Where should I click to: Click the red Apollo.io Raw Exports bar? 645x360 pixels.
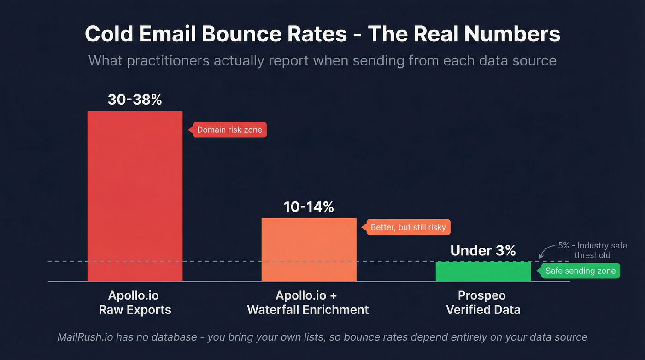click(x=135, y=196)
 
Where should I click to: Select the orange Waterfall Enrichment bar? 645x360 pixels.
click(x=309, y=249)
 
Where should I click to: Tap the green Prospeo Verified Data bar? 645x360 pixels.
click(x=483, y=271)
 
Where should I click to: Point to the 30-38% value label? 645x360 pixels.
click(x=135, y=100)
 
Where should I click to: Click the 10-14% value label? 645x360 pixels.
click(x=309, y=207)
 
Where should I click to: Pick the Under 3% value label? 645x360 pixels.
click(x=483, y=250)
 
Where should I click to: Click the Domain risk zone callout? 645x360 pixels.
click(x=229, y=130)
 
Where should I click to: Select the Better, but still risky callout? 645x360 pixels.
click(x=408, y=227)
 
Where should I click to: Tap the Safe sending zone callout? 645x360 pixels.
click(x=580, y=271)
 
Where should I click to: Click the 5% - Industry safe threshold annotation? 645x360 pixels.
click(x=592, y=250)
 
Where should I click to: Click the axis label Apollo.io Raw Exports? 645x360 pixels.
click(x=135, y=302)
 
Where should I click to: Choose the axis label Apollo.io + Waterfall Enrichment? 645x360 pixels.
click(x=308, y=302)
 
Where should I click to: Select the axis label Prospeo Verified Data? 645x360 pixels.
click(x=483, y=302)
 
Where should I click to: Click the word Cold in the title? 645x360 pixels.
click(x=110, y=34)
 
